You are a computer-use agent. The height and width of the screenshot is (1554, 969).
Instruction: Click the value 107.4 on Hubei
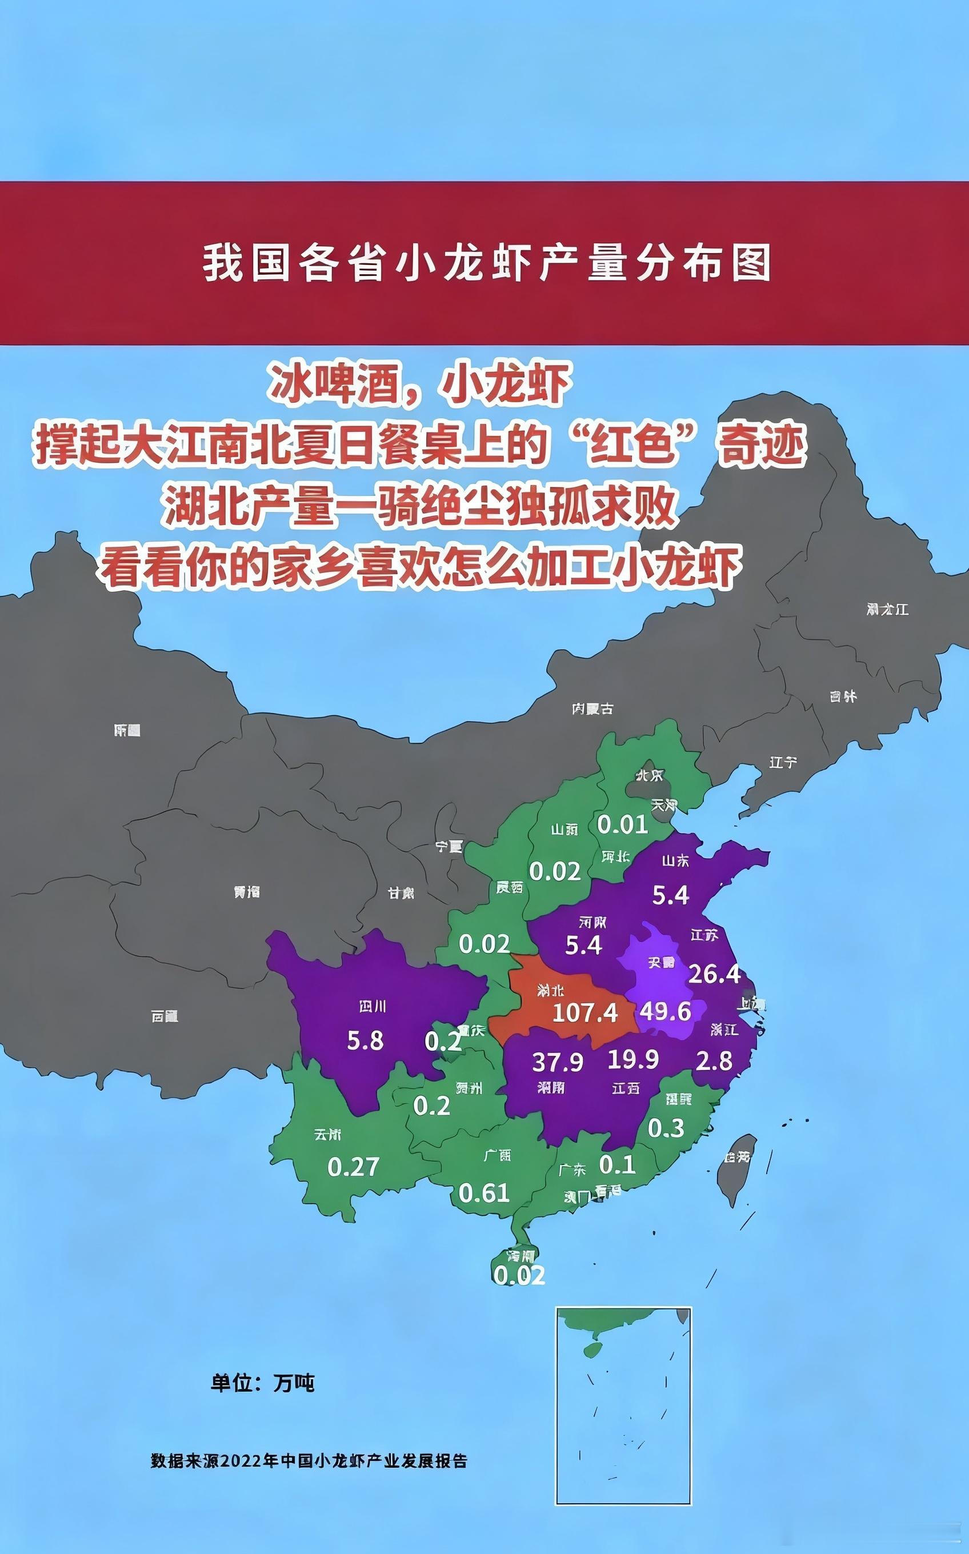(584, 1012)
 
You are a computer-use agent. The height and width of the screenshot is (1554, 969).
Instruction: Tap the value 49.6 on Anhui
(665, 1011)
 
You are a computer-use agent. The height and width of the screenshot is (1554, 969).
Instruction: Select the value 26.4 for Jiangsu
(715, 974)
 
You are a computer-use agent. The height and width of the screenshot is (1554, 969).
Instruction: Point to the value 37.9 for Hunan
(558, 1063)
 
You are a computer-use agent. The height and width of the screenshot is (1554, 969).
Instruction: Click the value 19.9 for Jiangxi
(632, 1059)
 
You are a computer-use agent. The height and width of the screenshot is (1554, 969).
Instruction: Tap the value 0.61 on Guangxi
(484, 1193)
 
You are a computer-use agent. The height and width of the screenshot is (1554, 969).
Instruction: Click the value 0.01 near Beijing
(622, 825)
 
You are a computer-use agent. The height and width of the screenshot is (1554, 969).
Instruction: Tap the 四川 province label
(373, 1007)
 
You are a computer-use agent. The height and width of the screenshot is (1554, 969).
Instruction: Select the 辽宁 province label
(783, 762)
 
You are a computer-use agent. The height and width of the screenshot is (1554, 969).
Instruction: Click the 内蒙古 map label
(592, 709)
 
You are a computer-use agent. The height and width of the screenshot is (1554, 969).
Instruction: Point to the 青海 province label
(247, 892)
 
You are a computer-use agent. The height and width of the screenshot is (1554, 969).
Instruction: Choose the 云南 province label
(327, 1135)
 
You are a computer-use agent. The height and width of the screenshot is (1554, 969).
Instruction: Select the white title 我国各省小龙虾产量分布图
(486, 263)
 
